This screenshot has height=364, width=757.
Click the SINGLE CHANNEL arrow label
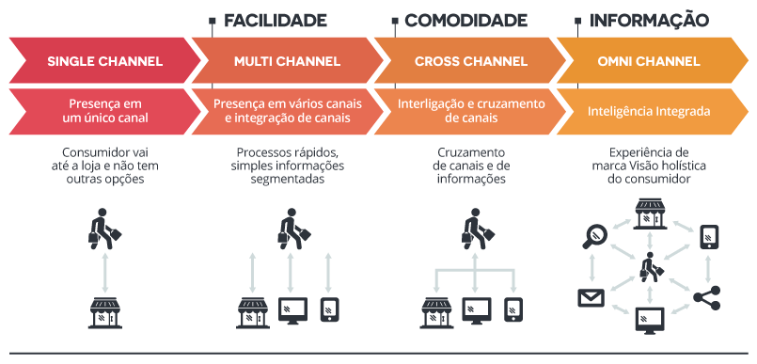pos(104,62)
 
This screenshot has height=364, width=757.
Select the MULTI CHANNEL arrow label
pos(287,62)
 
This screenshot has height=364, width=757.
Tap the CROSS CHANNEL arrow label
pos(469,62)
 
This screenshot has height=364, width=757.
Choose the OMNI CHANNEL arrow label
pos(649,62)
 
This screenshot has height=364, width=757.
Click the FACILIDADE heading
pos(275,20)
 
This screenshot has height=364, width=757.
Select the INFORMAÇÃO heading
pos(648,20)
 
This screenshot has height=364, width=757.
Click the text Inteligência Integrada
pos(648,111)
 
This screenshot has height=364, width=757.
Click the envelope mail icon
pos(591,299)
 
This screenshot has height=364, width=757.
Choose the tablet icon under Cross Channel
pos(513,309)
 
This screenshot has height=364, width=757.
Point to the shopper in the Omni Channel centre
pos(648,268)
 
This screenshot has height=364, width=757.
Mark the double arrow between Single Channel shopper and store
pos(104,273)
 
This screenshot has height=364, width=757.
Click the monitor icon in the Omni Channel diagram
pos(649,323)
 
